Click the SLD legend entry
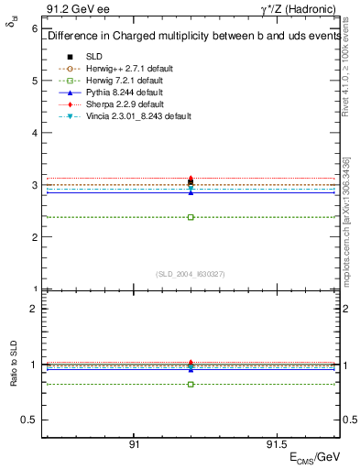click(93, 56)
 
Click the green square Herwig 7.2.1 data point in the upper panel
click(191, 217)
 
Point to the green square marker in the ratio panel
click(191, 384)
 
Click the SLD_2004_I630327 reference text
click(191, 274)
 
